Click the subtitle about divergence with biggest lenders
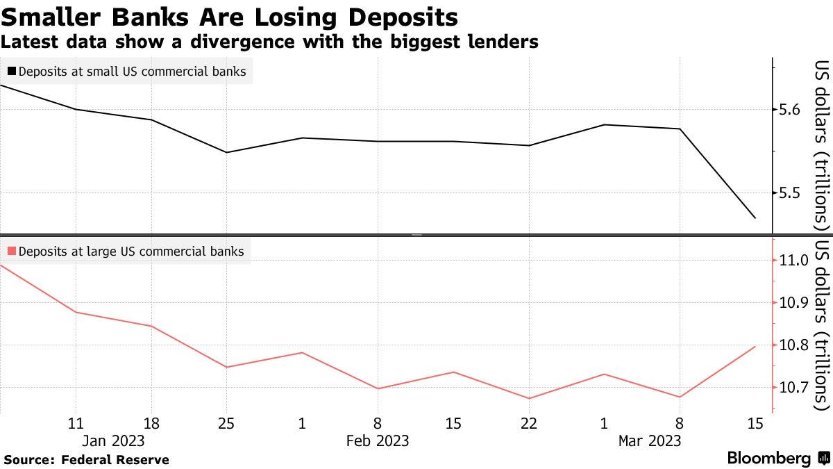click(269, 42)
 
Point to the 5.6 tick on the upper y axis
click(790, 110)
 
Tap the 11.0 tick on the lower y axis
click(794, 261)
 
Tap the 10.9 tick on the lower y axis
click(794, 303)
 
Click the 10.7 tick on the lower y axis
click(794, 388)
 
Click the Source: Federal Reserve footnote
click(86, 459)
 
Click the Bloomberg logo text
click(768, 459)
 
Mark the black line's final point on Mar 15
click(755, 218)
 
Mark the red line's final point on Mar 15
click(755, 347)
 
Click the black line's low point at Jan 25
click(226, 152)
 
